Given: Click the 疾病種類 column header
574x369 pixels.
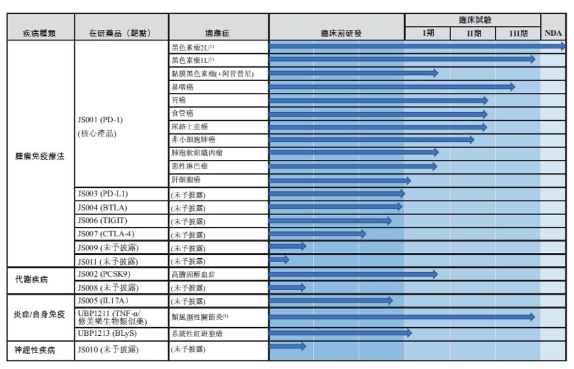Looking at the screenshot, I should (38, 33).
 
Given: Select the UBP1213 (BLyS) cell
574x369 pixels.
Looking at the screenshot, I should (106, 333).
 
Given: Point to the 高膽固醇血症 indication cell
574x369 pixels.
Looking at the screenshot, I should (192, 274).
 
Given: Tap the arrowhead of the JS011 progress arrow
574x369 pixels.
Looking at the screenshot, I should (286, 259).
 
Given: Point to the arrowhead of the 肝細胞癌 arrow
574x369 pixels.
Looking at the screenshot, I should (407, 180).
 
